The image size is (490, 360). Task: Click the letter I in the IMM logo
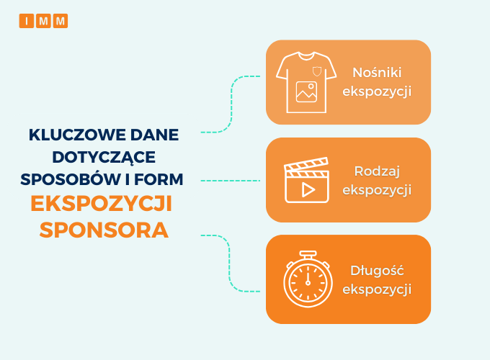[27, 21]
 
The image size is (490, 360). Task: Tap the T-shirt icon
[306, 82]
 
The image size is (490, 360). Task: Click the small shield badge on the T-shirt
[317, 71]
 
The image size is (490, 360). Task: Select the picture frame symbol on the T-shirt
[306, 91]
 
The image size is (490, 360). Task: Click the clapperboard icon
[306, 180]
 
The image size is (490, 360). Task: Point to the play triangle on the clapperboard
[308, 190]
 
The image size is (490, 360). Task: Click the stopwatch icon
[308, 279]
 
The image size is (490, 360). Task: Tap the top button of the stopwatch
[308, 254]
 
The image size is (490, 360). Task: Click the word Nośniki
[377, 73]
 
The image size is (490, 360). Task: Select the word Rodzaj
[377, 172]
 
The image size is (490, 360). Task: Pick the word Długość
[377, 271]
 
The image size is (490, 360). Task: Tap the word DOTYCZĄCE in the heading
[104, 158]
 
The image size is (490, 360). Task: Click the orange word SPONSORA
[104, 230]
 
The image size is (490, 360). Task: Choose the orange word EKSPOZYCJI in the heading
[102, 204]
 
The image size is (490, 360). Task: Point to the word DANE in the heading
[154, 135]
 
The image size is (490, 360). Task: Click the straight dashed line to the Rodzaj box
[231, 181]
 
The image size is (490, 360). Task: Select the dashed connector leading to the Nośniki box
[231, 103]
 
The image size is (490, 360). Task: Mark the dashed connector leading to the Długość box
[228, 264]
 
